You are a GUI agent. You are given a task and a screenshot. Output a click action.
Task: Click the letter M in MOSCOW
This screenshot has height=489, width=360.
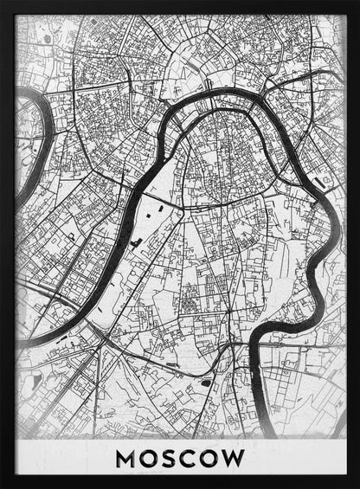click(x=127, y=458)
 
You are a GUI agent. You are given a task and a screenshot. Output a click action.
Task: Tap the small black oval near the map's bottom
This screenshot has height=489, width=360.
click(x=206, y=382)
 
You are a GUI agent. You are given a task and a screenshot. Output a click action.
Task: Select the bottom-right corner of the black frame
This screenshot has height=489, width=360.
click(x=356, y=485)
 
